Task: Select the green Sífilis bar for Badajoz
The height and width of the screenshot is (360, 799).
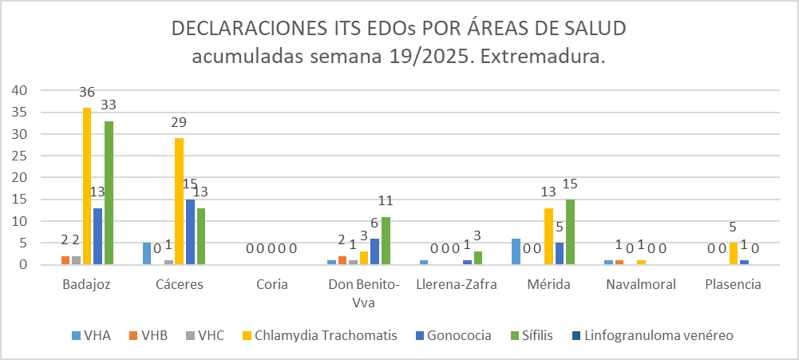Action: [x=109, y=192]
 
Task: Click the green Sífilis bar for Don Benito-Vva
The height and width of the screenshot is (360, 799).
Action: [x=386, y=240]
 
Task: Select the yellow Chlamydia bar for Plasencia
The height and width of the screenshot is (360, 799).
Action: [x=734, y=253]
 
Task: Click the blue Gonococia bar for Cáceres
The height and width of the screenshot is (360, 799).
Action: [x=190, y=231]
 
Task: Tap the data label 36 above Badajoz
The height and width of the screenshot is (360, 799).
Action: [x=87, y=93]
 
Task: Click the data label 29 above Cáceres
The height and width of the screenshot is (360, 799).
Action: [x=179, y=123]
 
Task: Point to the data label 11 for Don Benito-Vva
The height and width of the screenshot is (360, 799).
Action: [x=386, y=201]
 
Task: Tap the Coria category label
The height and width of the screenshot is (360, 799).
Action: [x=271, y=284]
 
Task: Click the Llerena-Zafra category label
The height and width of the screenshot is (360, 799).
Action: [x=454, y=284]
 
